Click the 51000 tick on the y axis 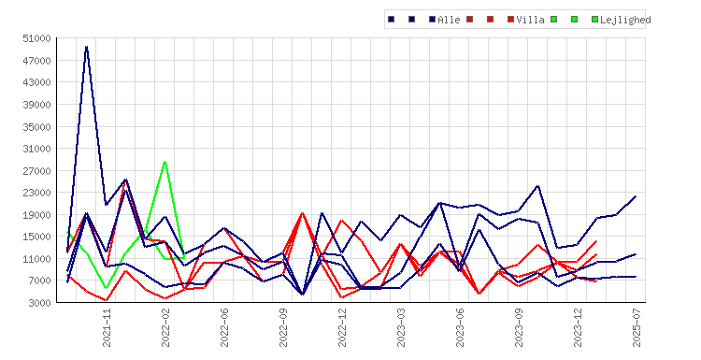point(37,38)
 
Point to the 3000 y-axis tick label point(40,303)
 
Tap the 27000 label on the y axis point(37,171)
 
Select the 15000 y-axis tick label point(37,237)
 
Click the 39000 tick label point(37,105)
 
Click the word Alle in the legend point(449,20)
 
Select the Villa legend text point(530,20)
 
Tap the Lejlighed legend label point(625,20)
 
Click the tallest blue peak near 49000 point(86,47)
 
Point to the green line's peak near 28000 point(165,162)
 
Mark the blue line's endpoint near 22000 point(636,196)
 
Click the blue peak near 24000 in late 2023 point(537,185)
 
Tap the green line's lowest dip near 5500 point(106,288)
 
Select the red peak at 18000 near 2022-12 point(341,221)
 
